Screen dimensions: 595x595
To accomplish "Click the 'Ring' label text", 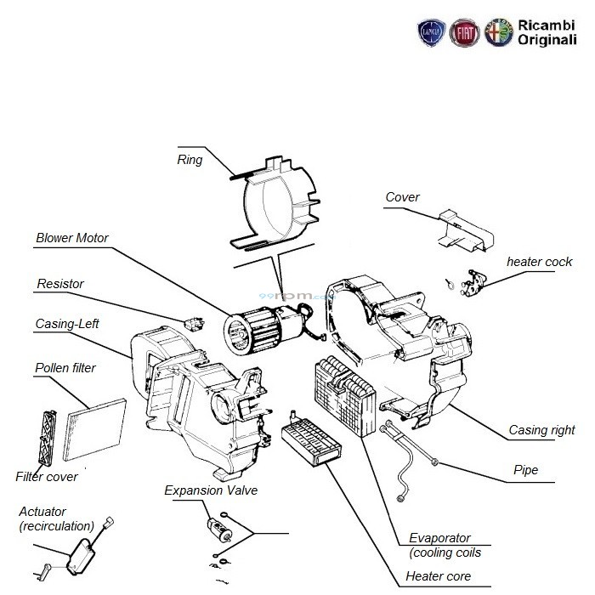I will [190, 159].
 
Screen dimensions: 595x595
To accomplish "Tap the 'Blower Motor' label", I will [72, 238].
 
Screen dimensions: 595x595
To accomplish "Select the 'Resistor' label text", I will [60, 283].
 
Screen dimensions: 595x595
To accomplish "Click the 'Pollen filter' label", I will [65, 368].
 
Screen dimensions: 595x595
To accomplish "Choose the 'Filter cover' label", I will [47, 477].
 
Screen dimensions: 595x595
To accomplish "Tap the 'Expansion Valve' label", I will [211, 490].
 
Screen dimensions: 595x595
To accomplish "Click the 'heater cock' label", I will [540, 261].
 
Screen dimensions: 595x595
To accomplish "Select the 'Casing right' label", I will [541, 430].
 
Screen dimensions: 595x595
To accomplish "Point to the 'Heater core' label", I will [438, 576].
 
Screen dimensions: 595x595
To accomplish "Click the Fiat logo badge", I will [463, 32].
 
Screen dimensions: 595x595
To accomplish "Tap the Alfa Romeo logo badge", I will [497, 32].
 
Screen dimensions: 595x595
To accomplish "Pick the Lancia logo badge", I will [430, 32].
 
